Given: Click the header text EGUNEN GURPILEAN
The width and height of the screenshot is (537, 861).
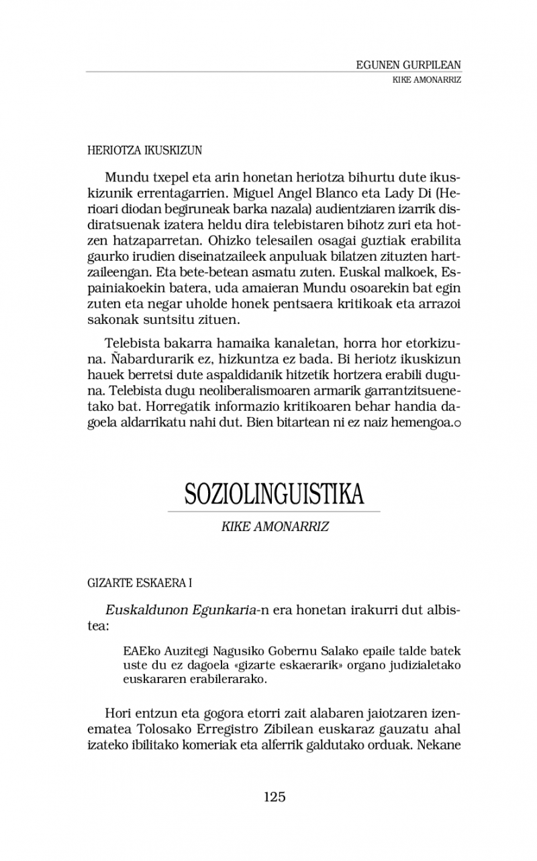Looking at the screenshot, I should pyautogui.click(x=409, y=65).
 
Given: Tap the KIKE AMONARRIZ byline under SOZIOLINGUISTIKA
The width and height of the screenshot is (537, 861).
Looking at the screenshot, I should pyautogui.click(x=275, y=526).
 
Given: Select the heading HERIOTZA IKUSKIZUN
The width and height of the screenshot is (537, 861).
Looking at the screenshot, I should pyautogui.click(x=145, y=151).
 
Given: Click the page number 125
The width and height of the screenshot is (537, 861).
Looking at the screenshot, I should pyautogui.click(x=275, y=797).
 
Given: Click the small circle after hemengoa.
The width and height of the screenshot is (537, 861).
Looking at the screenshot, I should pyautogui.click(x=457, y=424).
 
